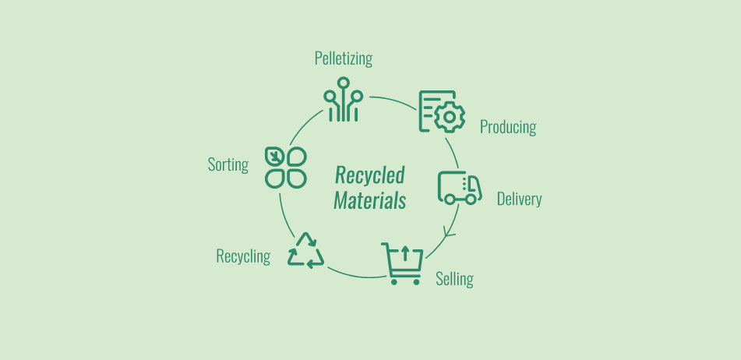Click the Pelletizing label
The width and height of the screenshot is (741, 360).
tap(343, 58)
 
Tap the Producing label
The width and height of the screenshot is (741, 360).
tap(508, 127)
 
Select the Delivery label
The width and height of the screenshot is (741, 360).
tap(519, 199)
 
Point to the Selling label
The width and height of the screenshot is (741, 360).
tap(454, 278)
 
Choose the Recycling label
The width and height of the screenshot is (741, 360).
tap(243, 256)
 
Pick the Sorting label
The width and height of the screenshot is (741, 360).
tap(228, 164)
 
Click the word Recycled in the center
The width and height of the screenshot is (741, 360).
tap(369, 175)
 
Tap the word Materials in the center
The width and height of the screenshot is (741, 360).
tap(369, 200)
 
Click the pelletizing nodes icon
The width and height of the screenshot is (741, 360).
tap(343, 100)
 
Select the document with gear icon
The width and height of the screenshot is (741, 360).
tap(441, 111)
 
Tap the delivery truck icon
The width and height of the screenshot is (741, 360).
tap(459, 187)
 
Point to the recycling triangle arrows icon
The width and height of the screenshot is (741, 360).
tap(305, 251)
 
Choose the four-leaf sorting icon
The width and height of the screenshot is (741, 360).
tap(285, 167)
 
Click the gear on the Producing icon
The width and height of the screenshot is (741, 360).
tap(449, 118)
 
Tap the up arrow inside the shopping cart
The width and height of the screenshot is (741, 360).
tap(404, 253)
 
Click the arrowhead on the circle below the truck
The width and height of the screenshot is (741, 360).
tap(448, 231)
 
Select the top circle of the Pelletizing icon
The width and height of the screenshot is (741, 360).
tap(343, 82)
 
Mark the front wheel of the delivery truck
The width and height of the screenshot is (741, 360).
tap(471, 199)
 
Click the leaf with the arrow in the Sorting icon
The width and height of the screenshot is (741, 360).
tap(275, 156)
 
